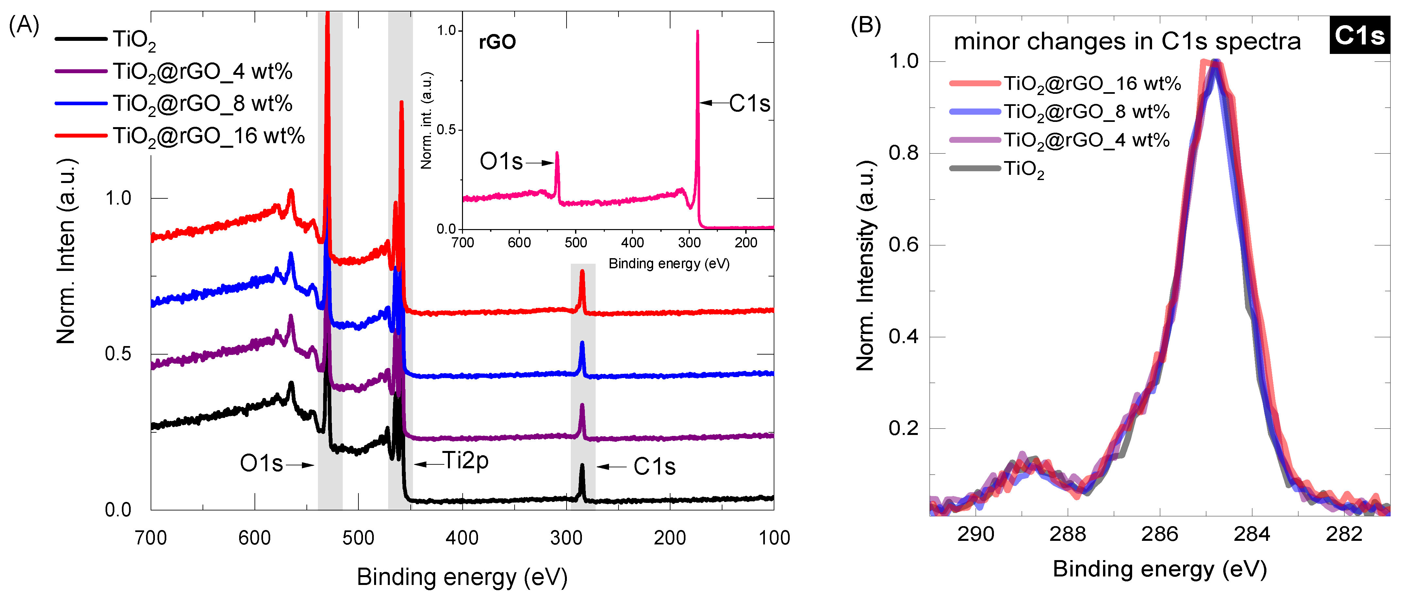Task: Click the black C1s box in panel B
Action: click(x=1359, y=35)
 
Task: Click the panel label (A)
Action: click(x=24, y=25)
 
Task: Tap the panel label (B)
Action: click(x=866, y=25)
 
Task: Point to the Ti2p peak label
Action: click(x=465, y=461)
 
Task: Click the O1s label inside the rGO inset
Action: click(x=501, y=162)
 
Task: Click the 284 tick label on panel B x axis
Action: click(x=1252, y=534)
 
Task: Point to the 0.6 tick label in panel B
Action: click(x=903, y=244)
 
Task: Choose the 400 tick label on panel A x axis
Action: click(x=462, y=538)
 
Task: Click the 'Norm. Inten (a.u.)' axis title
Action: click(x=66, y=252)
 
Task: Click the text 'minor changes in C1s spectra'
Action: click(x=1127, y=42)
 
